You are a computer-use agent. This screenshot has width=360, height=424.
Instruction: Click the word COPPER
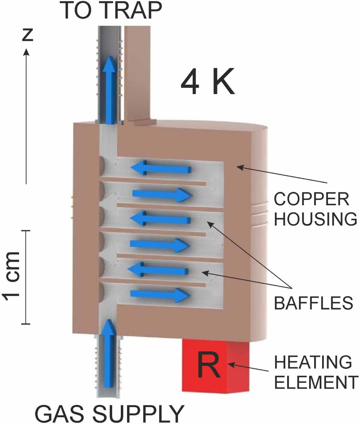point(312,200)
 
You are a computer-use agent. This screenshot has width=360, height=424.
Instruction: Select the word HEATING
point(313,363)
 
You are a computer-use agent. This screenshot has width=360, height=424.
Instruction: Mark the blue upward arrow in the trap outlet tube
point(110,90)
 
